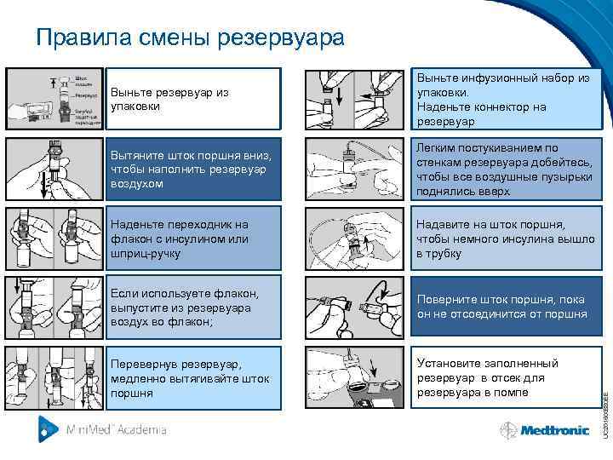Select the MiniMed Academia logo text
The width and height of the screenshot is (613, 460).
pyautogui.click(x=116, y=430)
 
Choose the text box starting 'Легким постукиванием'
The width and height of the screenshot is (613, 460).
pyautogui.click(x=506, y=169)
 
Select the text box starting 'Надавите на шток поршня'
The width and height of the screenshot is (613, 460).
pyautogui.click(x=506, y=239)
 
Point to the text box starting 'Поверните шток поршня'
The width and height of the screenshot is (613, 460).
pyautogui.click(x=506, y=308)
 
